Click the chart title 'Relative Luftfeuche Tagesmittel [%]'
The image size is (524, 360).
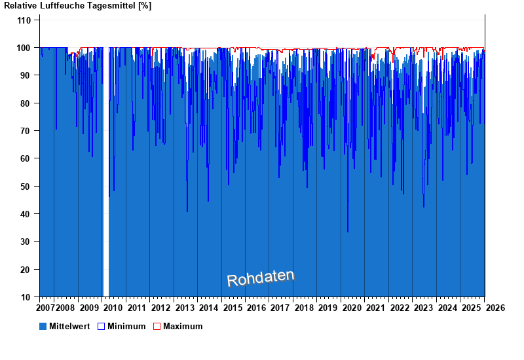click(x=78, y=6)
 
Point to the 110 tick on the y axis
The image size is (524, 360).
click(x=24, y=20)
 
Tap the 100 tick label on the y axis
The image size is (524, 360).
click(x=24, y=48)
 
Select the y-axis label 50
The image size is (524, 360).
click(x=26, y=187)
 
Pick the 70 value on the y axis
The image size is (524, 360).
click(x=26, y=131)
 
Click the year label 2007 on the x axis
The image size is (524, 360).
click(x=46, y=308)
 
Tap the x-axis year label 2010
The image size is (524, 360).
click(x=113, y=308)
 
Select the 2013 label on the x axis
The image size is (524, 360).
click(x=185, y=308)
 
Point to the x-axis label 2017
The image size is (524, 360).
click(x=280, y=308)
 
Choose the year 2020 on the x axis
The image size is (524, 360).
click(x=352, y=308)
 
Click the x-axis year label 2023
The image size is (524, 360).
click(x=424, y=308)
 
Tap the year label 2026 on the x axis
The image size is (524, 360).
click(x=495, y=308)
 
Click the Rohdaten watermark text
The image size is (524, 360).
click(x=261, y=278)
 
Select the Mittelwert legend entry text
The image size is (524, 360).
click(x=69, y=326)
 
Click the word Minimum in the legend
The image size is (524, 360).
click(x=126, y=326)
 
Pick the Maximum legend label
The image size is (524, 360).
click(x=183, y=326)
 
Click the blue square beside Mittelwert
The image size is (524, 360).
click(x=43, y=326)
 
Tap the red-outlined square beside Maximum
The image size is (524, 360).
click(x=157, y=326)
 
